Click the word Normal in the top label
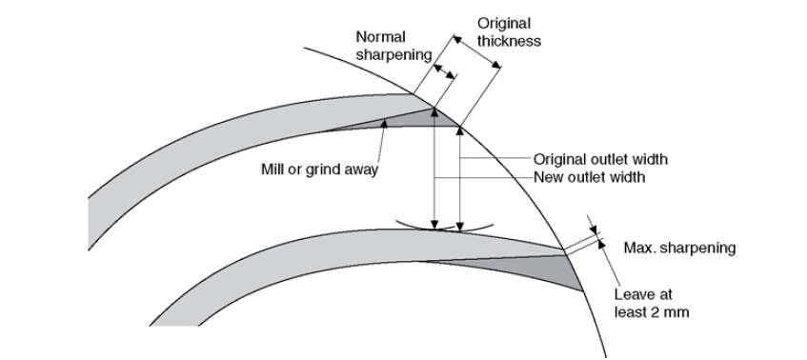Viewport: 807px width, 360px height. pyautogui.click(x=381, y=37)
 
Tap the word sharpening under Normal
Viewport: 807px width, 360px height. pyautogui.click(x=393, y=55)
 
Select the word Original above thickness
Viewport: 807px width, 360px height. pyautogui.click(x=504, y=24)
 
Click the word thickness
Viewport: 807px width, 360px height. pyautogui.click(x=509, y=41)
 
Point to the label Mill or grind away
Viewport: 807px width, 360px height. pyautogui.click(x=319, y=170)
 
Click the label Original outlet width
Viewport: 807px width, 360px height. pyautogui.click(x=600, y=159)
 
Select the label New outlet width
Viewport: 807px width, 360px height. pyautogui.click(x=589, y=177)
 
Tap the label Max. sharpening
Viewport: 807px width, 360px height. pyautogui.click(x=679, y=249)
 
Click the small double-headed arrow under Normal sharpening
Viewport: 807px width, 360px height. pyautogui.click(x=444, y=71)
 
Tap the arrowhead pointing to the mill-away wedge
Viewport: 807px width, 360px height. pyautogui.click(x=383, y=124)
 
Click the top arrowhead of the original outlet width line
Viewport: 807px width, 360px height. pyautogui.click(x=460, y=131)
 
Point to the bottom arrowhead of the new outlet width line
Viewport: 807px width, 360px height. pyautogui.click(x=434, y=224)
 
